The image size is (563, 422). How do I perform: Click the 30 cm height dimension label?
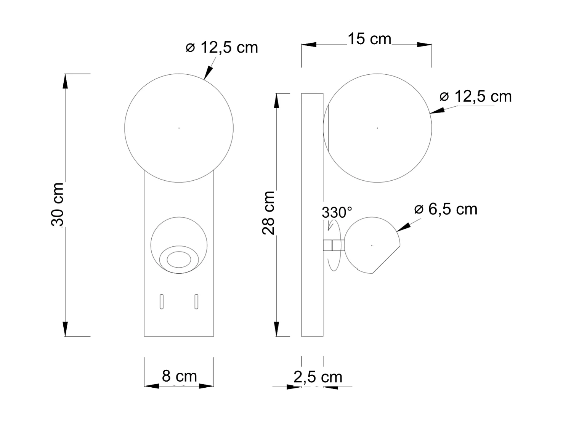(x=58, y=204)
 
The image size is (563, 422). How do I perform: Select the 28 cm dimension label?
(x=269, y=213)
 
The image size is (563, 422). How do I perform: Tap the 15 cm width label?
(x=369, y=39)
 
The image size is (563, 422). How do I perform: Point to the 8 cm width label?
(x=179, y=376)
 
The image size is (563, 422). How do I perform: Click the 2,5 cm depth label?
(x=318, y=377)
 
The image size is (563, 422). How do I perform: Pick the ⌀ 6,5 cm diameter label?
(x=446, y=209)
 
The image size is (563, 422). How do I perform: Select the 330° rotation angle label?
(x=337, y=212)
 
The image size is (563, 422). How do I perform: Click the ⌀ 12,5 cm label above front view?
(x=222, y=48)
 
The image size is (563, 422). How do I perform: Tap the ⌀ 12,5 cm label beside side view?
(x=475, y=96)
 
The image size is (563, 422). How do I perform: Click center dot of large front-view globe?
(x=179, y=128)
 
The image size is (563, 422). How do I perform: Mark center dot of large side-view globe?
(x=377, y=128)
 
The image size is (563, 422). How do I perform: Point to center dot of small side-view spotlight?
(x=372, y=245)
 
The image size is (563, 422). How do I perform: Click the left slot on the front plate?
(x=162, y=301)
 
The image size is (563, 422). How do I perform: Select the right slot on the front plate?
(x=196, y=301)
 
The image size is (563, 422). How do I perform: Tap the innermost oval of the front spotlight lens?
(x=179, y=260)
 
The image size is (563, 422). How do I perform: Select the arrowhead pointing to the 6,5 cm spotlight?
(x=403, y=227)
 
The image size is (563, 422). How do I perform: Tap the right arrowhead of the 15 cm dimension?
(x=425, y=45)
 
